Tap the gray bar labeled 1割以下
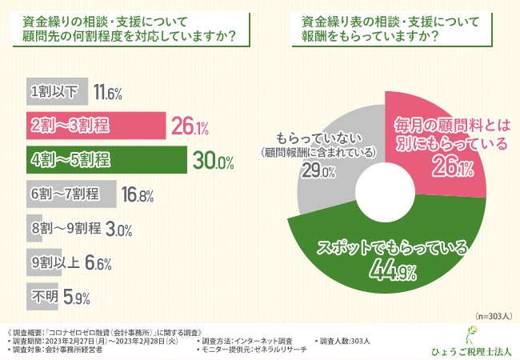coord(56,92)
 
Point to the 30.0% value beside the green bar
coord(213,162)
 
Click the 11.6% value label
coord(107,93)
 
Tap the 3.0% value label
coord(118,230)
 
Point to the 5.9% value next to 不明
coord(76,298)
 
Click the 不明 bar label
coord(41,298)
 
